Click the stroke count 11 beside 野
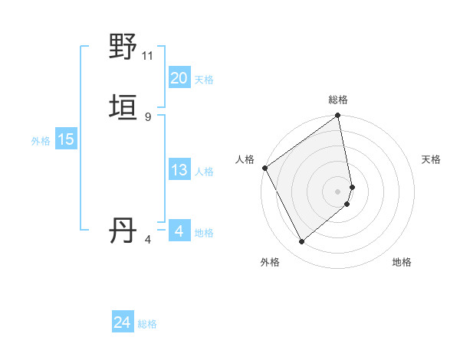click(x=148, y=55)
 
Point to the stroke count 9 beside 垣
click(x=148, y=116)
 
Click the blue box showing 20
click(x=179, y=78)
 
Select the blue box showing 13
click(x=179, y=170)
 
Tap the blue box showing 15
click(x=66, y=139)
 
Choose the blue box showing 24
click(x=123, y=323)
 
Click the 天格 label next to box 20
click(x=204, y=80)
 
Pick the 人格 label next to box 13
click(x=204, y=172)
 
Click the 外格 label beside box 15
click(x=41, y=141)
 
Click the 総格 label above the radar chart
click(x=338, y=100)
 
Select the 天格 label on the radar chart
click(x=431, y=159)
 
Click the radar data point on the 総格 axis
click(x=338, y=117)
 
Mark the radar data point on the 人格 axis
click(x=264, y=168)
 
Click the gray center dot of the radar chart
click(x=338, y=191)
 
